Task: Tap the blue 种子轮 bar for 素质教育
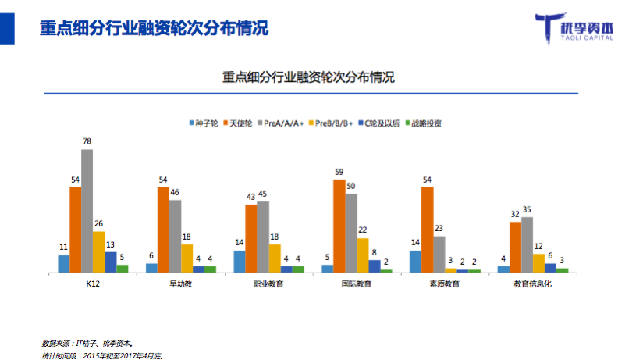[415, 262]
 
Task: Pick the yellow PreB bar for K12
[98, 252]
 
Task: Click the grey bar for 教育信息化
[527, 245]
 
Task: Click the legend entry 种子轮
[205, 123]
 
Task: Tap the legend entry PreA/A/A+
[283, 123]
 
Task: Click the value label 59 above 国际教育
[339, 172]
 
